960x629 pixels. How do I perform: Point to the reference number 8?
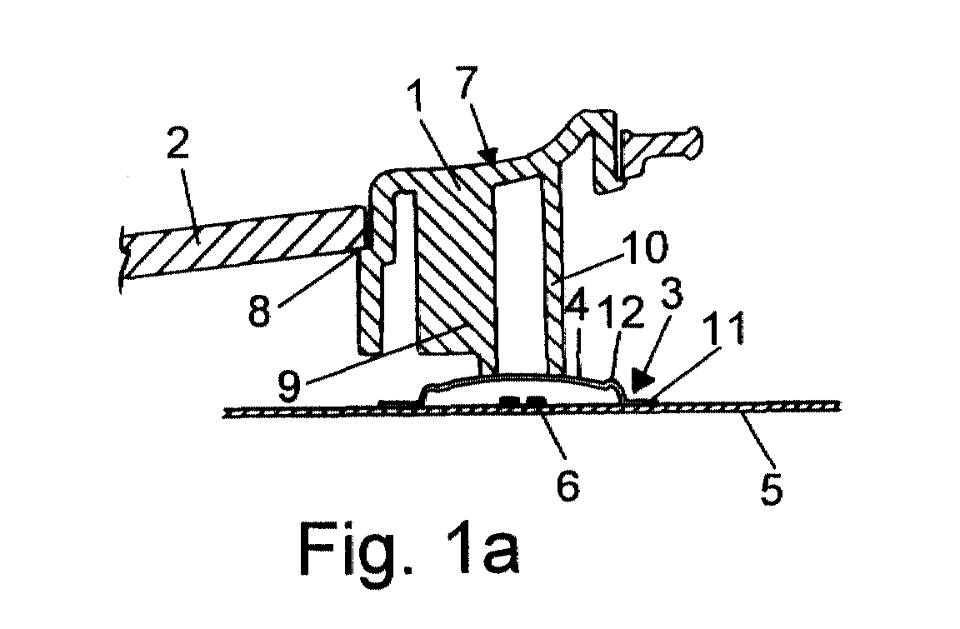(x=259, y=310)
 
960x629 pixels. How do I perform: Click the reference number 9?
(x=289, y=383)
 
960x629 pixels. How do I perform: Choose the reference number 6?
(x=567, y=484)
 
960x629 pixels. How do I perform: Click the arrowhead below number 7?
(x=489, y=158)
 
